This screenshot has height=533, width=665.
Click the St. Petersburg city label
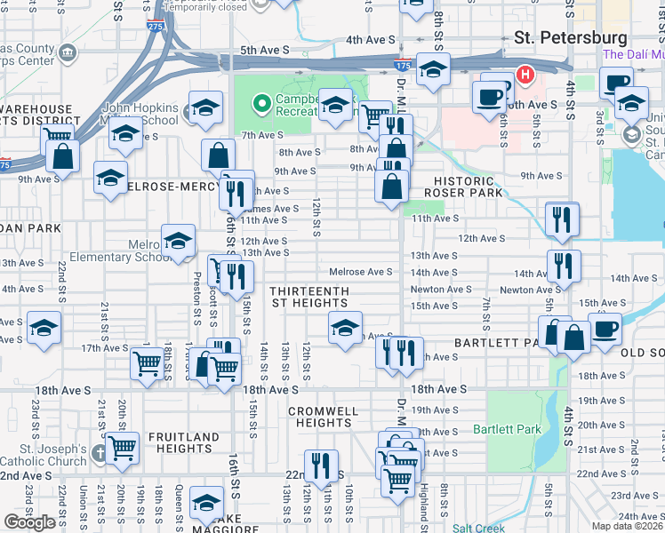[572, 38]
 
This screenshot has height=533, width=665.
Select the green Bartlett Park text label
[519, 430]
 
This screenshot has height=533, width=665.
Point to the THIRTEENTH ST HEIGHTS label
[309, 298]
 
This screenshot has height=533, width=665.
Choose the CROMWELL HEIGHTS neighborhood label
[324, 417]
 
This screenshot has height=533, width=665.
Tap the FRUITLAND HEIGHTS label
[183, 443]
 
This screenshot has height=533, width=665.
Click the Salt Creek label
[478, 528]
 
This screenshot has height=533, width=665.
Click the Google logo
[30, 521]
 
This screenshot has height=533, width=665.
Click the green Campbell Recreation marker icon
[260, 105]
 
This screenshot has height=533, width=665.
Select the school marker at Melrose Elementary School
[178, 241]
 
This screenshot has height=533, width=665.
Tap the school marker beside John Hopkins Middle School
[205, 108]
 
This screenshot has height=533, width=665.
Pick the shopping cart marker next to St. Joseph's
[123, 448]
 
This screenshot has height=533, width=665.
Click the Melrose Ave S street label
[360, 272]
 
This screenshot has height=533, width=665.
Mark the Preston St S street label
[196, 299]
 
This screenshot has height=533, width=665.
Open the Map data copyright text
[628, 526]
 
